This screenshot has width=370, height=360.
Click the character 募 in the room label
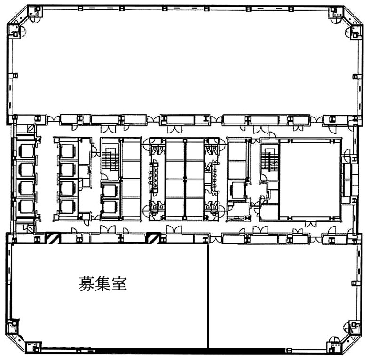click(x=87, y=284)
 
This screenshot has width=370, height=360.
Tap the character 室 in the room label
click(x=119, y=284)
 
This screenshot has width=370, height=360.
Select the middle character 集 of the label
click(x=103, y=284)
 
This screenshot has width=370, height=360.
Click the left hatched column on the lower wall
click(x=52, y=238)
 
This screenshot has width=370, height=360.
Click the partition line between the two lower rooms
click(x=208, y=296)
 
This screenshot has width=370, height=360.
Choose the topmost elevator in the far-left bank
click(x=25, y=150)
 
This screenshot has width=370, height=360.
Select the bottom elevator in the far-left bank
click(x=25, y=207)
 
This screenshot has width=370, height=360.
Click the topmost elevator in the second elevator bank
click(x=68, y=151)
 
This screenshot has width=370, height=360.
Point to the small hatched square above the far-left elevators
click(x=31, y=128)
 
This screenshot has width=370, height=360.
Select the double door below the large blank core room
click(x=310, y=224)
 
